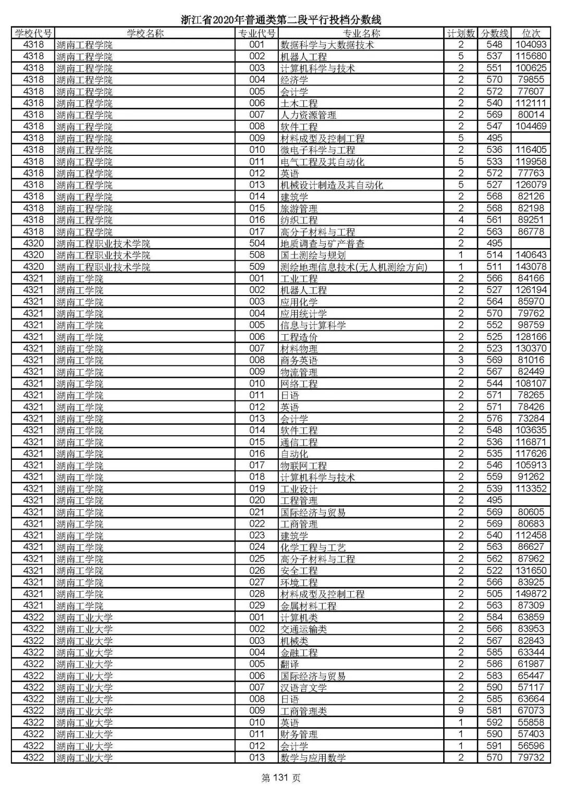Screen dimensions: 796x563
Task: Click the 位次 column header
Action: click(x=531, y=33)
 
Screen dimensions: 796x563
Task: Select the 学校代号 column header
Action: click(x=33, y=33)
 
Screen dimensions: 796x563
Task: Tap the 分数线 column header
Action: click(x=494, y=33)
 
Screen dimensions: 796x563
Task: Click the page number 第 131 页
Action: click(x=281, y=778)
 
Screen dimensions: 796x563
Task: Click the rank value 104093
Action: click(x=531, y=45)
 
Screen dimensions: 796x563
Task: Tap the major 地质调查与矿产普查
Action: click(x=322, y=243)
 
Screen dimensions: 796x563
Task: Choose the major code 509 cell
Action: click(x=257, y=267)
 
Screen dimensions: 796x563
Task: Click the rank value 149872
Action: click(x=531, y=594)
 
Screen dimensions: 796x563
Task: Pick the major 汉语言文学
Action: click(x=303, y=688)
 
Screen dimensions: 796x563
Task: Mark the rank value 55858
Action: click(x=531, y=722)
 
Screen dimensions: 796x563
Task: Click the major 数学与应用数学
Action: click(x=313, y=757)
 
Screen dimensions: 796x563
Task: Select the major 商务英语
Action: click(x=299, y=360)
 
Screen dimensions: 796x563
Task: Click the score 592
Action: click(x=494, y=722)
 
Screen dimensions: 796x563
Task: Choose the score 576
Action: click(x=494, y=419)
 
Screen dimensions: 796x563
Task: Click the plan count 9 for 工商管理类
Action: click(x=461, y=711)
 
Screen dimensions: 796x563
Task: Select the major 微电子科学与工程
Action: click(x=317, y=150)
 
